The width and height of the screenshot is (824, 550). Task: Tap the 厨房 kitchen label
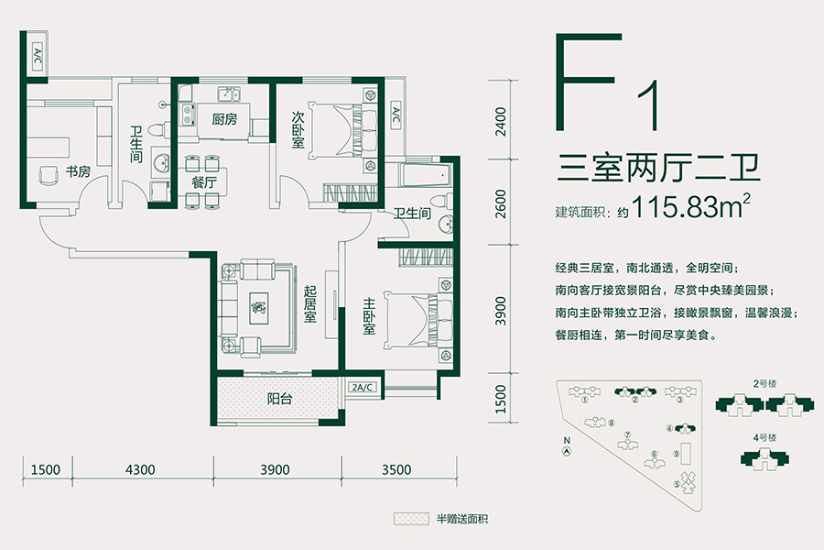pos(224,119)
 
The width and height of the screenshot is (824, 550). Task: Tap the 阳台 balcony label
pos(279,399)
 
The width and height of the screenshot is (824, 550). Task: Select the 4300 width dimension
pos(142,469)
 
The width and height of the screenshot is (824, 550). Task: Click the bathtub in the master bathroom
pos(417,173)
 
